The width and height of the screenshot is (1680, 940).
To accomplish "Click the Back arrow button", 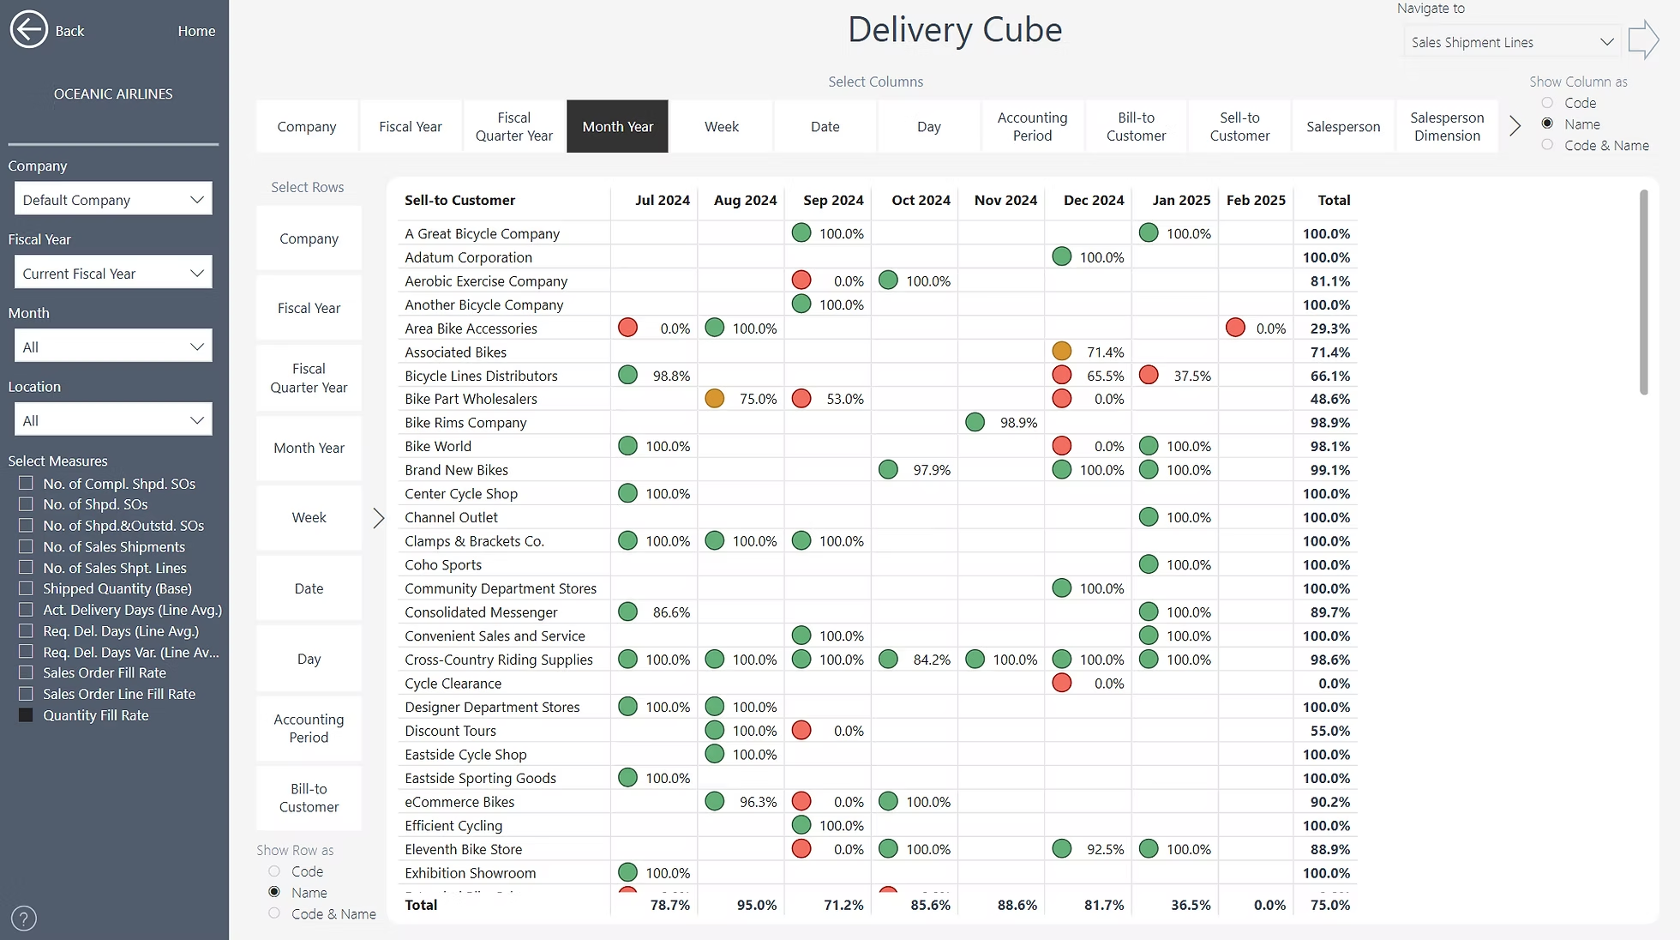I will (29, 30).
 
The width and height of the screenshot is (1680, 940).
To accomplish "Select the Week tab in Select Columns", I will (721, 126).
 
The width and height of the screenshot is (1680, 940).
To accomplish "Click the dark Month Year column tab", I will (617, 126).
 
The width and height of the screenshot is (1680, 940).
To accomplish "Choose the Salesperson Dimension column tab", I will (1446, 126).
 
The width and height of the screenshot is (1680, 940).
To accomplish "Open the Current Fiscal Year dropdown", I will (113, 274).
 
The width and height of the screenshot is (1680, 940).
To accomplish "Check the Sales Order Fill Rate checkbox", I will (27, 672).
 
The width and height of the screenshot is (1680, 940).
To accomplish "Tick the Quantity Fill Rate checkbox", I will (27, 715).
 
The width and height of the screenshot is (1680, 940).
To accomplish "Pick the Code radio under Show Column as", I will (1547, 103).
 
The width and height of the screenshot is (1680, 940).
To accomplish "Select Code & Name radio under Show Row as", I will (274, 913).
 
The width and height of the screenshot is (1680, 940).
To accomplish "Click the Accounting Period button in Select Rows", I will (309, 728).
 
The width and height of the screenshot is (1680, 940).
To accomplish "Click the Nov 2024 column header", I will (1005, 200).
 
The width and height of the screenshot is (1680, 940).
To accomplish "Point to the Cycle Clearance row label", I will (453, 684).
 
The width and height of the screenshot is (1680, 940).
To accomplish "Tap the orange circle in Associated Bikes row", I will (1061, 352).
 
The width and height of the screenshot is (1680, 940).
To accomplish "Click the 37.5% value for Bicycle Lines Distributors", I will (1191, 376).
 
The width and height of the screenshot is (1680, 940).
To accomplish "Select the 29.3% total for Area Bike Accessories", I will (1329, 328).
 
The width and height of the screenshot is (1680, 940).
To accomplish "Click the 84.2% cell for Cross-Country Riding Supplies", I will (931, 660).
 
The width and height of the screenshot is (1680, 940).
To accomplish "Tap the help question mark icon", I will (24, 918).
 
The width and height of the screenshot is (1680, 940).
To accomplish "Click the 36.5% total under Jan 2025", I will (1190, 905).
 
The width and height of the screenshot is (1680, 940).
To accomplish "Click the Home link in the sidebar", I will (196, 31).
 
